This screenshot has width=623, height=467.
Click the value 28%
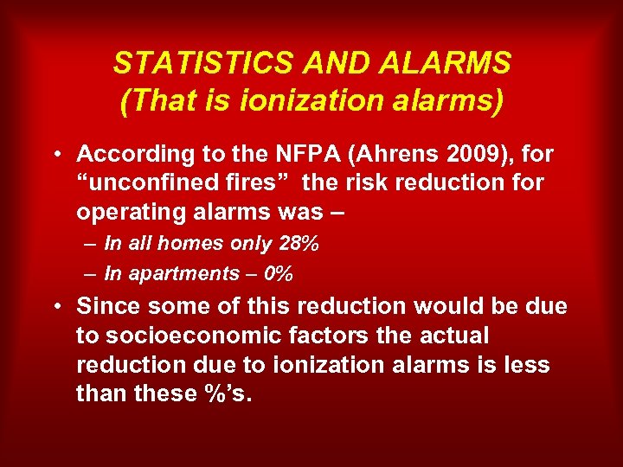coord(299,244)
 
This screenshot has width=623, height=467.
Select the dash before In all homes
coord(91,244)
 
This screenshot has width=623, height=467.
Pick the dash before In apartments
coord(91,274)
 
